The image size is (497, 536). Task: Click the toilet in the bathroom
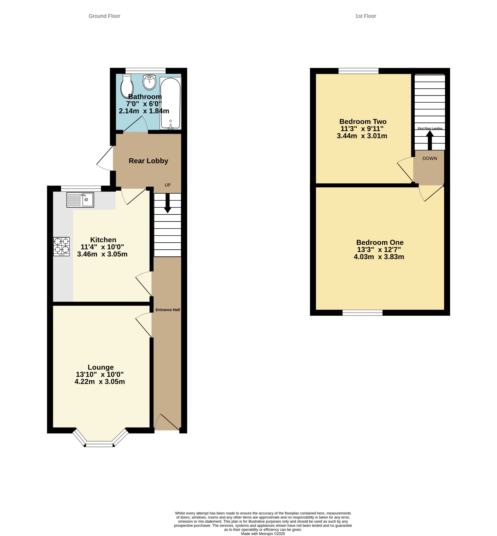pyautogui.click(x=127, y=86)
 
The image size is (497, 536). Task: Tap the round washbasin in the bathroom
pyautogui.click(x=149, y=82)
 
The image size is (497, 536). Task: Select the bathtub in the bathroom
pyautogui.click(x=171, y=103)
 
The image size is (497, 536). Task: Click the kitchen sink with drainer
pyautogui.click(x=80, y=200)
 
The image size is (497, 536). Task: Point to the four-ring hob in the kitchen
pyautogui.click(x=62, y=246)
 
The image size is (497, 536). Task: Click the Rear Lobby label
pyautogui.click(x=149, y=161)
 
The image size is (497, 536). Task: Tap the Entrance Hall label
pyautogui.click(x=168, y=310)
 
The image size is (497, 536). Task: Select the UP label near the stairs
pyautogui.click(x=168, y=185)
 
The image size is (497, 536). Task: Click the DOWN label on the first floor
pyautogui.click(x=430, y=159)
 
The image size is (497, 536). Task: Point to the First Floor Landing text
pyautogui.click(x=430, y=129)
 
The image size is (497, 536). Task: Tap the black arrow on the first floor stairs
pyautogui.click(x=430, y=140)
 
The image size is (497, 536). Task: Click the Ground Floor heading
pyautogui.click(x=104, y=16)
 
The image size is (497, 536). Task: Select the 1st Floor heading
pyautogui.click(x=365, y=16)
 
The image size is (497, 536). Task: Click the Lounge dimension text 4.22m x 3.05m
pyautogui.click(x=100, y=382)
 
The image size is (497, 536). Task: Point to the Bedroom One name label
pyautogui.click(x=380, y=242)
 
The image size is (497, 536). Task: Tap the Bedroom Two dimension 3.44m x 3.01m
pyautogui.click(x=362, y=136)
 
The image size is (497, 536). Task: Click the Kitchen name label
pyautogui.click(x=103, y=240)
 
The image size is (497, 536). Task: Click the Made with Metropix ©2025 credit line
pyautogui.click(x=263, y=534)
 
